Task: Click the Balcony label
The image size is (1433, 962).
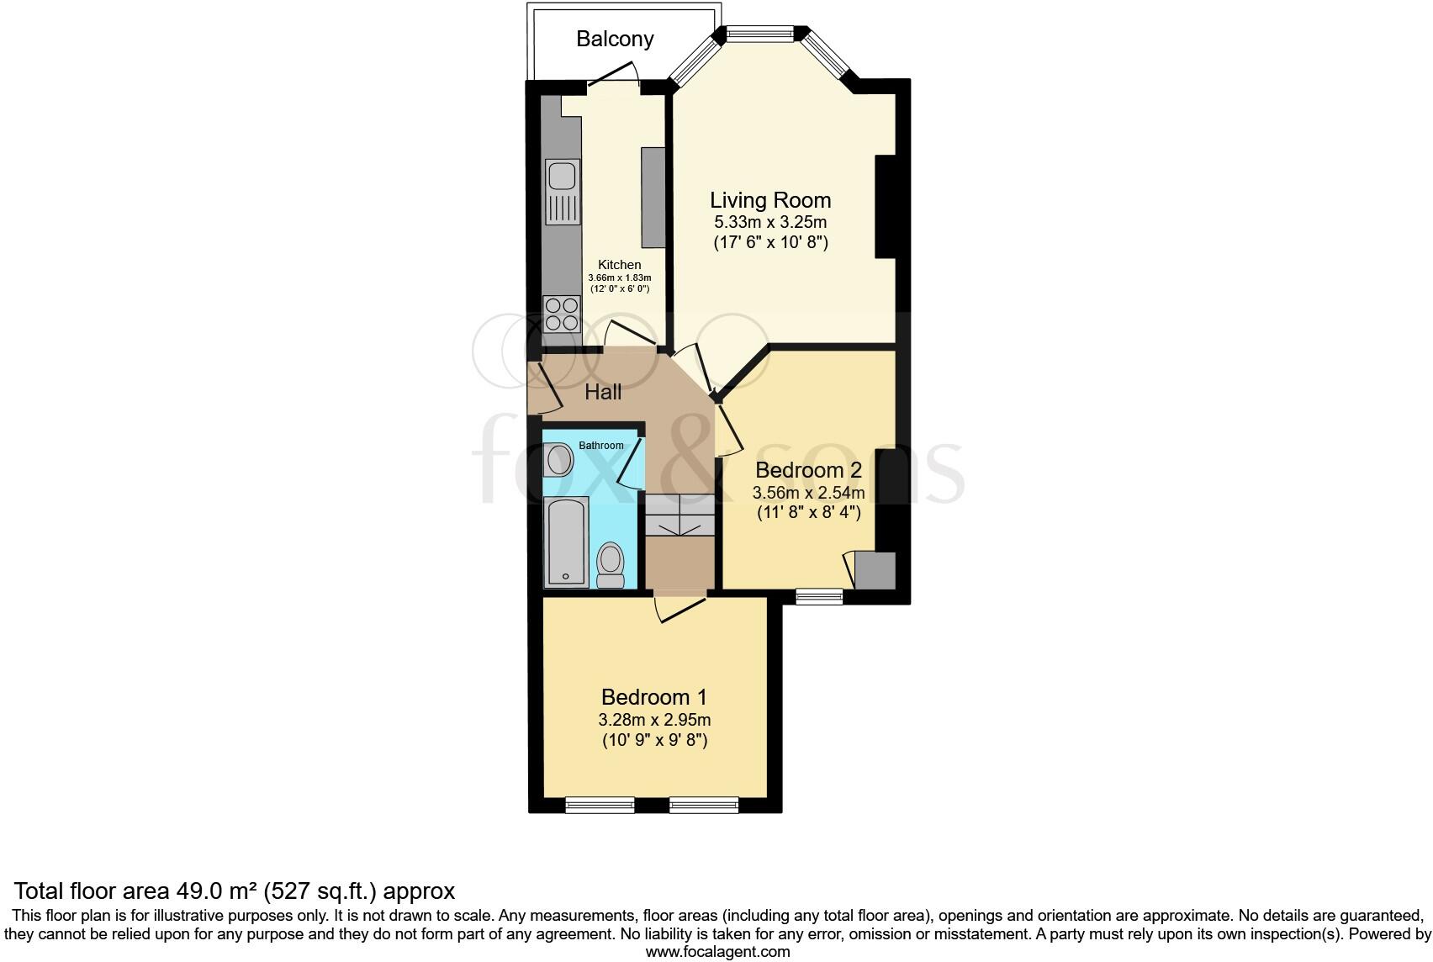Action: click(x=615, y=39)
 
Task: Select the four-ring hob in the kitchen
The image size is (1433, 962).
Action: click(x=561, y=314)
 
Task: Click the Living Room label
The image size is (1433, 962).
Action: click(x=770, y=200)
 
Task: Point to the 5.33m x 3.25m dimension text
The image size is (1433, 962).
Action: click(x=770, y=223)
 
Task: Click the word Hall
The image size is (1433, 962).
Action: click(x=603, y=392)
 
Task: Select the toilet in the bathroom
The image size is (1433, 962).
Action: click(x=610, y=564)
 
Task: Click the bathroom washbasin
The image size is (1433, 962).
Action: click(x=558, y=461)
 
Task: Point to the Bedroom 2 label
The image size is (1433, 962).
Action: click(x=808, y=470)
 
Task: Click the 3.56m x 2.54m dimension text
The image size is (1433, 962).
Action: click(x=808, y=492)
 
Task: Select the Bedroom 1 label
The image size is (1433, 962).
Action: click(x=653, y=697)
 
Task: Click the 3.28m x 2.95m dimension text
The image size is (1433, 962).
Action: click(x=653, y=720)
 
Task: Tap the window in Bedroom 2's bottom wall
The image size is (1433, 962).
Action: click(x=819, y=596)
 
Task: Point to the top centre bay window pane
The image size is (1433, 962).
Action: click(x=760, y=34)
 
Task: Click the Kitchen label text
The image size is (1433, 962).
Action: click(x=620, y=265)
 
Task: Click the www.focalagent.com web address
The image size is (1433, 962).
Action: click(x=717, y=952)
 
